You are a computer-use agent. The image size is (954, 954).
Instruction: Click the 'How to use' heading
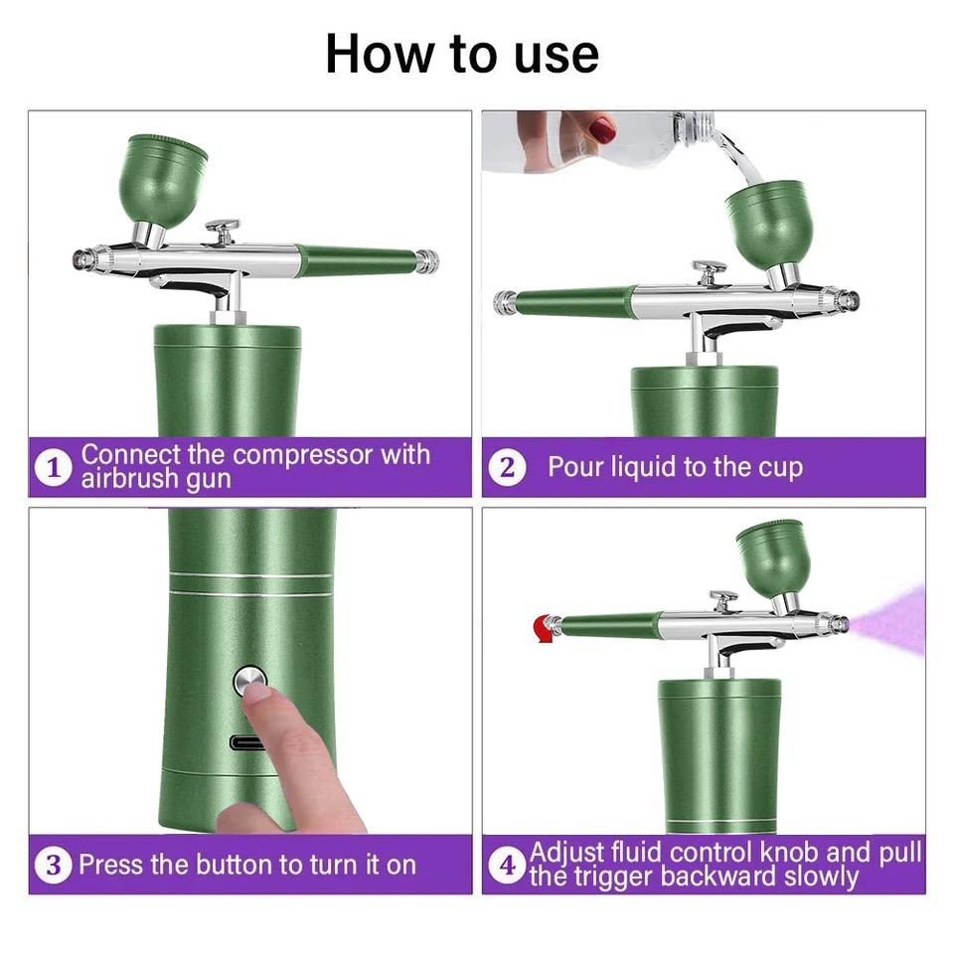coord(462,54)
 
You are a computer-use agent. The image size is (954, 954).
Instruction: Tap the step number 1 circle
coord(54,467)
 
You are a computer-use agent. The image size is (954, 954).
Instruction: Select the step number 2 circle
coord(507,467)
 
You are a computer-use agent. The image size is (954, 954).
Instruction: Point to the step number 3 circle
coord(54,865)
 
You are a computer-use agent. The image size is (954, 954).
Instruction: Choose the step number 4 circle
coord(507,865)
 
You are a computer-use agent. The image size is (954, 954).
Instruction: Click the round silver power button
coord(250,682)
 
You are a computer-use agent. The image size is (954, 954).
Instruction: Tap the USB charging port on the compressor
coord(246,743)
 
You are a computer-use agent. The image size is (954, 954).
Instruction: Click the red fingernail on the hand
coord(603,129)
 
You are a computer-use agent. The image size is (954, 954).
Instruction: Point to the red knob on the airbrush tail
coord(543,629)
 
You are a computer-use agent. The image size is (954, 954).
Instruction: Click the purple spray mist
coord(888,620)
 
